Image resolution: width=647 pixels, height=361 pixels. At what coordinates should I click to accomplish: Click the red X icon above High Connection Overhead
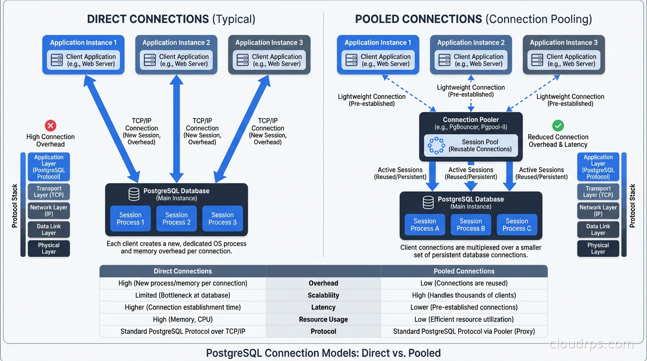pyautogui.click(x=50, y=126)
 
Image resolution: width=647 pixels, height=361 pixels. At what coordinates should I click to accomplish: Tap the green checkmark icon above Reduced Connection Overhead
pyautogui.click(x=558, y=126)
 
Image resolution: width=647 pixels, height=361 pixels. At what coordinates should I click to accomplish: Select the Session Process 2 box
pyautogui.click(x=176, y=219)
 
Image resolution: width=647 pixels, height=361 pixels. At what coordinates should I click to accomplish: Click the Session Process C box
pyautogui.click(x=517, y=225)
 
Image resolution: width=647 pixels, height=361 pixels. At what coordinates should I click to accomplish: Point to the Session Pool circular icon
pyautogui.click(x=436, y=146)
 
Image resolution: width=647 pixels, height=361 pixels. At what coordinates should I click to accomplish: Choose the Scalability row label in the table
pyautogui.click(x=323, y=295)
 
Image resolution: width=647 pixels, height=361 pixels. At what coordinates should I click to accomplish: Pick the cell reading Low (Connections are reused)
pyautogui.click(x=464, y=283)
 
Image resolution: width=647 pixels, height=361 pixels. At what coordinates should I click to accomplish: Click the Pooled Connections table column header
pyautogui.click(x=464, y=271)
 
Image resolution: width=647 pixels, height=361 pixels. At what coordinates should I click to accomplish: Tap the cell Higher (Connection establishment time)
pyautogui.click(x=182, y=307)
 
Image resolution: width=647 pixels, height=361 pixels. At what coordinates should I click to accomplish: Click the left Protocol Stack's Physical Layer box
pyautogui.click(x=49, y=248)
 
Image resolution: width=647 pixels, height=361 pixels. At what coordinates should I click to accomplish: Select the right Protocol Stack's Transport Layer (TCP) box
pyautogui.click(x=598, y=191)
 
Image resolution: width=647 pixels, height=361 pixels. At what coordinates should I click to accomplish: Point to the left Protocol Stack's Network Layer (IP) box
pyautogui.click(x=49, y=211)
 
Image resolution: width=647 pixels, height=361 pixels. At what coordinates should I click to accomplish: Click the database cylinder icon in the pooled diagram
pyautogui.click(x=428, y=203)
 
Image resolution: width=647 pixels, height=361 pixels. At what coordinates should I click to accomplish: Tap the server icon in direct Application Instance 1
pyautogui.click(x=57, y=60)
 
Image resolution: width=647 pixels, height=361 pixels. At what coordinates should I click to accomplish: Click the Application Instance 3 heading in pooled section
pyautogui.click(x=563, y=42)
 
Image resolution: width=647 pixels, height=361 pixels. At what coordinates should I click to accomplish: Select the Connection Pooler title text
pyautogui.click(x=470, y=120)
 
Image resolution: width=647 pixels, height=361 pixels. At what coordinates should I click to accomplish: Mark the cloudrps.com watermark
pyautogui.click(x=592, y=344)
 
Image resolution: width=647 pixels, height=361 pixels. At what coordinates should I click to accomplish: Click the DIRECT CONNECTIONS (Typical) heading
pyautogui.click(x=171, y=19)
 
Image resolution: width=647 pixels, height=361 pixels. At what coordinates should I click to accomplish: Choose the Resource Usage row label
pyautogui.click(x=323, y=320)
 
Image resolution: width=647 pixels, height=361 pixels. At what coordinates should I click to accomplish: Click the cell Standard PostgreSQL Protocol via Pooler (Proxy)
pyautogui.click(x=464, y=331)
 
